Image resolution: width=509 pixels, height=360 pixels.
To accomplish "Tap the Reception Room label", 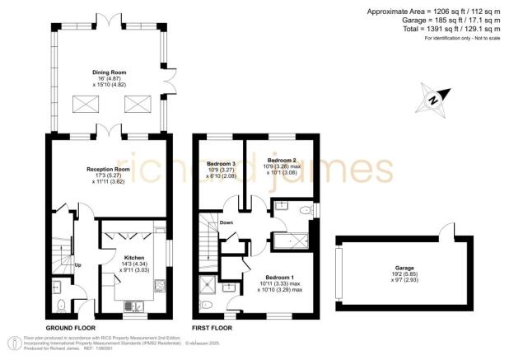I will point(110,170).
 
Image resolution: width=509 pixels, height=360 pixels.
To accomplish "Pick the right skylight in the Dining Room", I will point(136,105).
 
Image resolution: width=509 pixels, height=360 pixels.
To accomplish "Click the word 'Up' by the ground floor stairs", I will point(78,265).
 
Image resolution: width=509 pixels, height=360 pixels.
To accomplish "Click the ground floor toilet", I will point(62,304).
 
